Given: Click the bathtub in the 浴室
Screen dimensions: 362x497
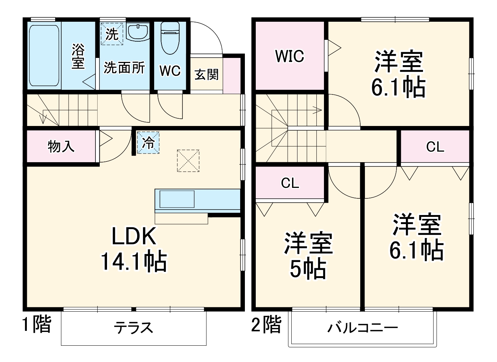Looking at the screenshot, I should [x=44, y=56].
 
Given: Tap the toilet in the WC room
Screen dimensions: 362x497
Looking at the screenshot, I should [x=170, y=38].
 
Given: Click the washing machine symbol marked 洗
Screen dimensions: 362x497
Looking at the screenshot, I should [x=112, y=34].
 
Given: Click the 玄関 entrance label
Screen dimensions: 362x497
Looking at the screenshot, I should [x=206, y=75].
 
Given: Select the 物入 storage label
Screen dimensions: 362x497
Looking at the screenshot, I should [x=61, y=146].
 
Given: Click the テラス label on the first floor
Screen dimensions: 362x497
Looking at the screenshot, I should [x=134, y=328].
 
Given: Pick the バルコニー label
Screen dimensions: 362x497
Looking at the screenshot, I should [x=362, y=328].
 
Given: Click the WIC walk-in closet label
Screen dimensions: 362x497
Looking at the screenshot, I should [x=289, y=56].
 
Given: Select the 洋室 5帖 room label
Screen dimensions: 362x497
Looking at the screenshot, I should [x=308, y=256].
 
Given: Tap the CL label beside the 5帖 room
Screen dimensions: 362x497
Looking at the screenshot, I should [x=290, y=183].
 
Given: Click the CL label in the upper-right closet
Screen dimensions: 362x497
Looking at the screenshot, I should [x=435, y=147].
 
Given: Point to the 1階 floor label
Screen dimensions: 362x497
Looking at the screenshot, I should [x=37, y=324].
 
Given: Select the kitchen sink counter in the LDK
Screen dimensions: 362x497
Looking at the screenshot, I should [x=177, y=199].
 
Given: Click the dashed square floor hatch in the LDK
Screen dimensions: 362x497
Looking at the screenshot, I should [x=188, y=160].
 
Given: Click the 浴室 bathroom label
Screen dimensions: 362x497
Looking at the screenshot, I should [x=78, y=56].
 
